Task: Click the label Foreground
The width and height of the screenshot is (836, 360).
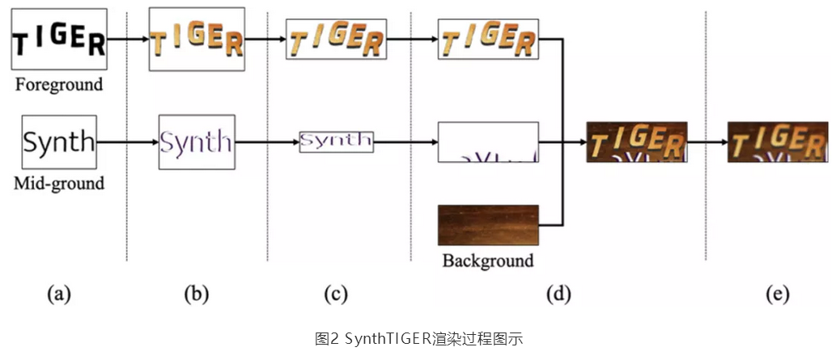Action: (x=58, y=84)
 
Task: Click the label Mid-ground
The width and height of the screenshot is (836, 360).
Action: (x=59, y=184)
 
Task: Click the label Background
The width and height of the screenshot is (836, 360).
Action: (x=488, y=260)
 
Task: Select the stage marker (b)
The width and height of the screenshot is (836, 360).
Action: (x=196, y=294)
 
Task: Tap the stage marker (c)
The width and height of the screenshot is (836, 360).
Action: (x=335, y=294)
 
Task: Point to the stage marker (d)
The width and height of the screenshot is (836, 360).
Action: (x=558, y=294)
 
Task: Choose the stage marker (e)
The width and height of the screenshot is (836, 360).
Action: (x=777, y=294)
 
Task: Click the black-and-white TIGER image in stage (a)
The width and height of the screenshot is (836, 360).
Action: (x=59, y=38)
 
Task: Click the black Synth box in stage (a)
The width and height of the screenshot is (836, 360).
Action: (x=59, y=142)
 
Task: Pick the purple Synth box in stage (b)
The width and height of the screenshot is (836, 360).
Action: (x=196, y=142)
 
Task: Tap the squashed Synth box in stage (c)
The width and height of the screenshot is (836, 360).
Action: (x=336, y=141)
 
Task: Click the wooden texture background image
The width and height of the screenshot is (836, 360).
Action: (x=488, y=225)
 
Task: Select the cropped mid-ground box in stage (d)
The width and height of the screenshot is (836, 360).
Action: (x=488, y=142)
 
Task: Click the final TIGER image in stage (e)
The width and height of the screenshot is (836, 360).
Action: (x=777, y=142)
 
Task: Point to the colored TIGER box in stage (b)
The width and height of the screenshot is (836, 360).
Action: (x=196, y=38)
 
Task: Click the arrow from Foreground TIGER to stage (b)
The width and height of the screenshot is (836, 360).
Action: (x=127, y=38)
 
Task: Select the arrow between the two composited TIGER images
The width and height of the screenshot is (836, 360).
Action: (x=707, y=142)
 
